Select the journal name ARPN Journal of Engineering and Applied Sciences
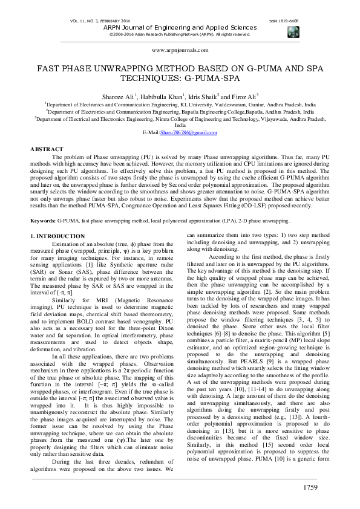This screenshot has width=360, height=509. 179,27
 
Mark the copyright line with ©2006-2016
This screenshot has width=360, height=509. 179,34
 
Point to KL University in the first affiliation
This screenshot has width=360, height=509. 210,105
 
